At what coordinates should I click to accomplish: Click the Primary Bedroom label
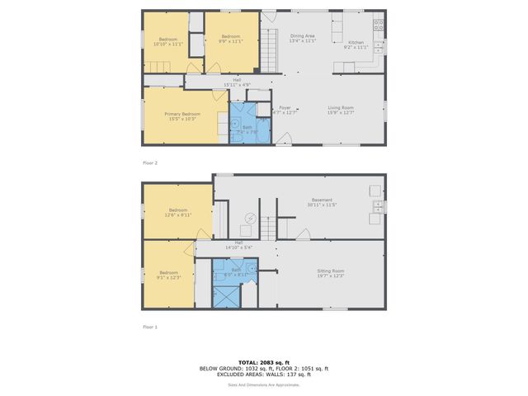coord(182,114)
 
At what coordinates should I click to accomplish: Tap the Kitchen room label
coord(356,41)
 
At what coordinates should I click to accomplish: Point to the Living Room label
coord(341,107)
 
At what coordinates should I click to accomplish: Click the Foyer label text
coord(285,107)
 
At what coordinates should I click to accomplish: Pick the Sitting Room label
coord(331,271)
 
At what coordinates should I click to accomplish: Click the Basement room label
coord(322,200)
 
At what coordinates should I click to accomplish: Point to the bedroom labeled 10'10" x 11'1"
coord(167,41)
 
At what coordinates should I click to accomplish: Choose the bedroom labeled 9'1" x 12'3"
coord(168,275)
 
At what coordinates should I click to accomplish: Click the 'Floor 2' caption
coord(150,163)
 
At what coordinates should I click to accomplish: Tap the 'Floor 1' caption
coord(150,327)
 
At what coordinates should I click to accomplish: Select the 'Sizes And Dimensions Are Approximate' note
coord(264,384)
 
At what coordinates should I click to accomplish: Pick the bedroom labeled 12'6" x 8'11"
coord(179,212)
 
